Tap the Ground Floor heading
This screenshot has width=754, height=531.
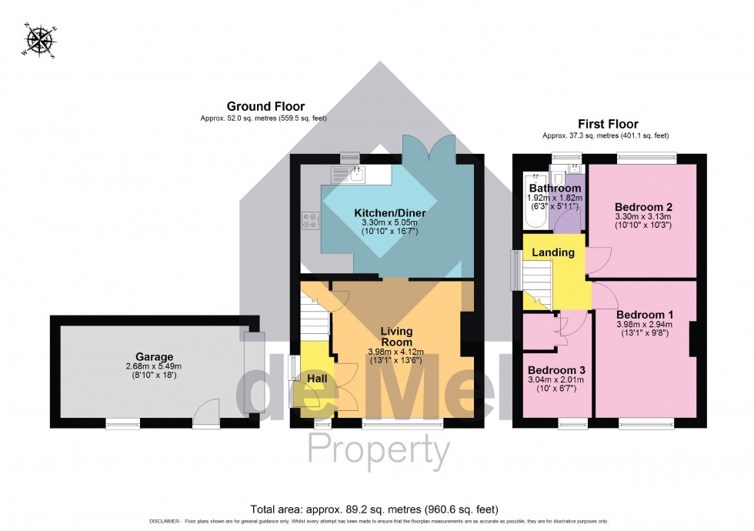click(x=265, y=106)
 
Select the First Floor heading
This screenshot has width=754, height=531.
click(x=608, y=124)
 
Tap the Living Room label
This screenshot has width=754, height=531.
click(x=396, y=336)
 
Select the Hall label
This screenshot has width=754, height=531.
click(x=316, y=379)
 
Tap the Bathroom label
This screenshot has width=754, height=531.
click(x=554, y=188)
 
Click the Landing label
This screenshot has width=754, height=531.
click(x=553, y=252)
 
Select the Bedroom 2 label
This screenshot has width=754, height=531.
click(x=644, y=206)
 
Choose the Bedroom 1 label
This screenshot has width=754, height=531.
click(x=644, y=314)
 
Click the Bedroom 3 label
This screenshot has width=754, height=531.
click(x=553, y=369)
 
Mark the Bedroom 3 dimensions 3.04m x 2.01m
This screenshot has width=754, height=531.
click(x=553, y=379)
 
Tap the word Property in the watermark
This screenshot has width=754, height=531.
click(x=379, y=449)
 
